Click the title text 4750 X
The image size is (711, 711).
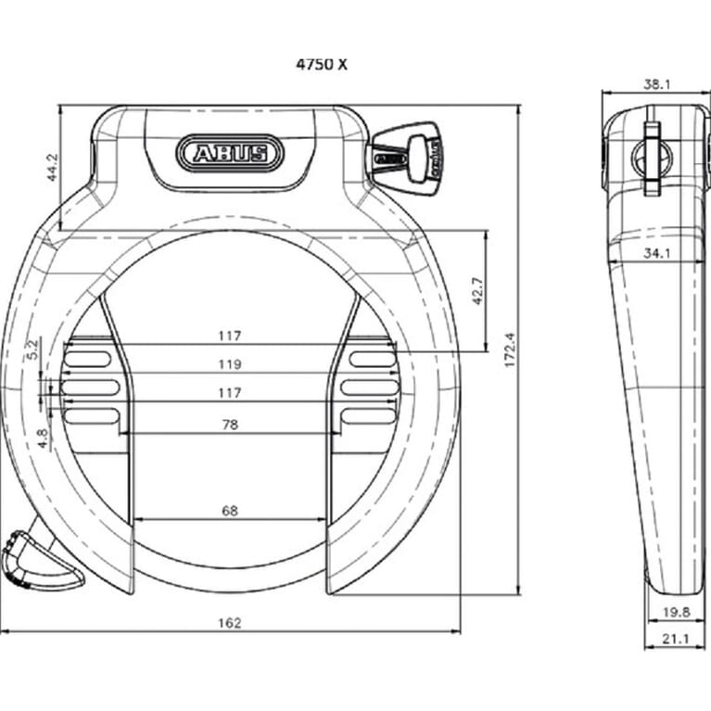323,65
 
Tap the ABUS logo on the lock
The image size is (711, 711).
227,152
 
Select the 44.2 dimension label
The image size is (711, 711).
52,168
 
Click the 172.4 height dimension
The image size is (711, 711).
509,349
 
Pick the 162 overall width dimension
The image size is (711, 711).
230,623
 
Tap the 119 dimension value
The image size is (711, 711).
230,363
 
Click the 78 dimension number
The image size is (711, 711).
230,424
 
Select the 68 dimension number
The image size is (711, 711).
230,510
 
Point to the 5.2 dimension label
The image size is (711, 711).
33,349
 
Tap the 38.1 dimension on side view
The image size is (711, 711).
656,84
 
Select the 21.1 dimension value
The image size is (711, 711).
674,638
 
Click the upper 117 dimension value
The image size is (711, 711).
230,335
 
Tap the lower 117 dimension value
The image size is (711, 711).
230,393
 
